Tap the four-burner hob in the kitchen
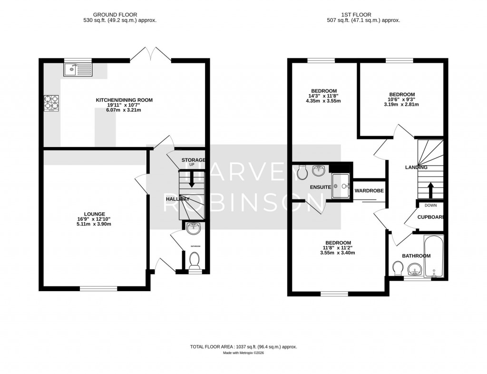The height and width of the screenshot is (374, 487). (x=51, y=103)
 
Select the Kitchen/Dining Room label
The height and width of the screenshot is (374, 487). (x=124, y=100)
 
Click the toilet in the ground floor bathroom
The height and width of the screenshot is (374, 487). (x=194, y=260)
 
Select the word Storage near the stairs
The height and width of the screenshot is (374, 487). (x=193, y=160)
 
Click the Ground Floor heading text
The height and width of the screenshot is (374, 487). (x=119, y=15)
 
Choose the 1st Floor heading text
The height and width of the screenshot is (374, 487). (x=363, y=15)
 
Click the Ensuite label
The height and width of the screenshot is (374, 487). (x=320, y=187)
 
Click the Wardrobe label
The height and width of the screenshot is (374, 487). (x=369, y=191)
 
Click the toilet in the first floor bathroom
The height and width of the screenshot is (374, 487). (x=398, y=269)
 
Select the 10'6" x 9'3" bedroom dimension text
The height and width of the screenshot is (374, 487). (x=401, y=99)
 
